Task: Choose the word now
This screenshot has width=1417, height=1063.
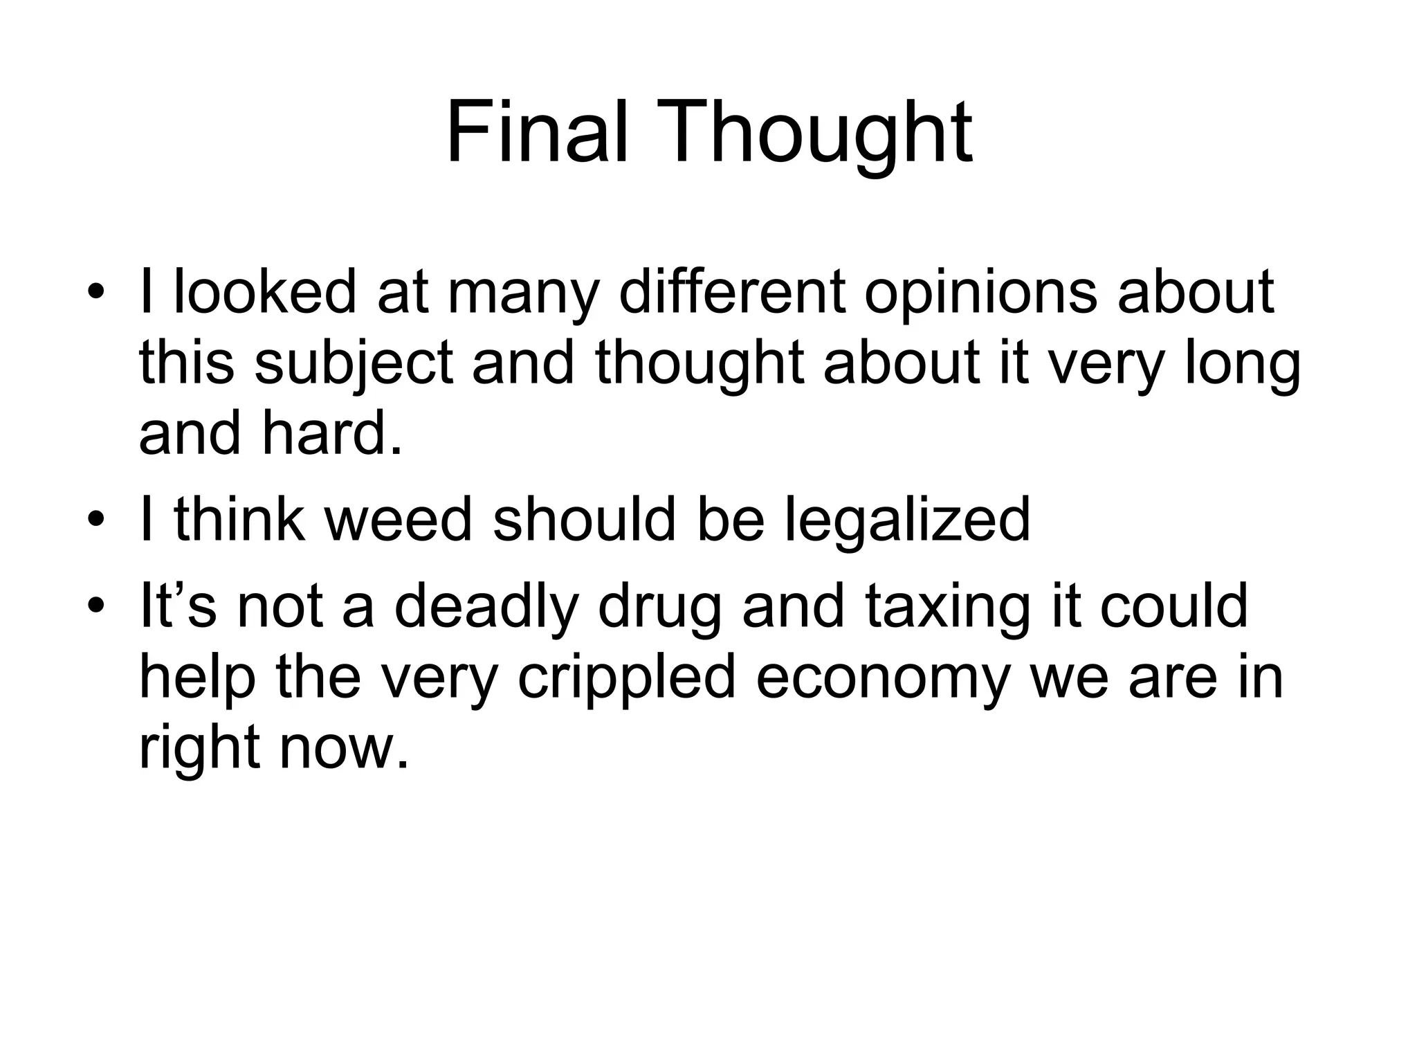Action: pos(343,749)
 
